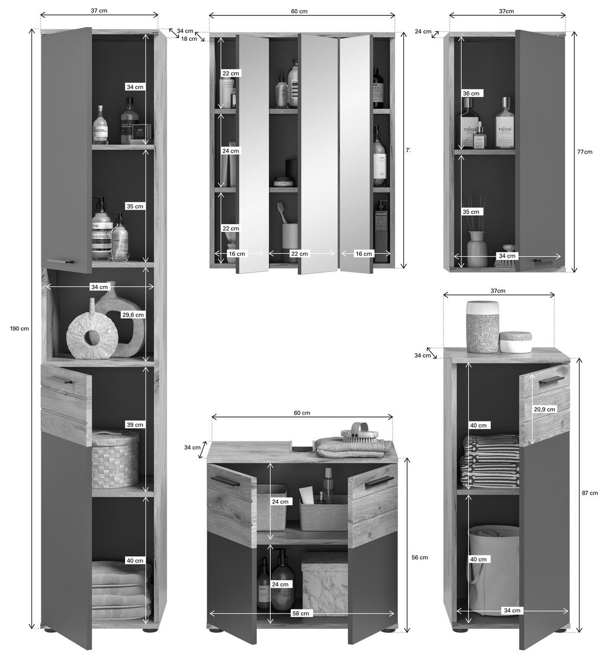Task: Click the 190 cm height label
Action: coord(19,328)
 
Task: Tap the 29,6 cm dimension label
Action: coord(133,315)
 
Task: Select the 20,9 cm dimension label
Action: coord(544,409)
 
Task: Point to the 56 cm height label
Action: coord(419,557)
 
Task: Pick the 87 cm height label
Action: coord(590,493)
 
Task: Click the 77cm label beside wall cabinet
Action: coord(585,152)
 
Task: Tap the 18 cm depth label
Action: coord(189,39)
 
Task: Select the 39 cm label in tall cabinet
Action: coord(135,425)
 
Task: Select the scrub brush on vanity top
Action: coord(361,432)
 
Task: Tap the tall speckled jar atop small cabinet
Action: coord(482,326)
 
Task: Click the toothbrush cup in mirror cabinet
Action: coord(289,235)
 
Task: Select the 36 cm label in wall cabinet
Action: coord(471,93)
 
